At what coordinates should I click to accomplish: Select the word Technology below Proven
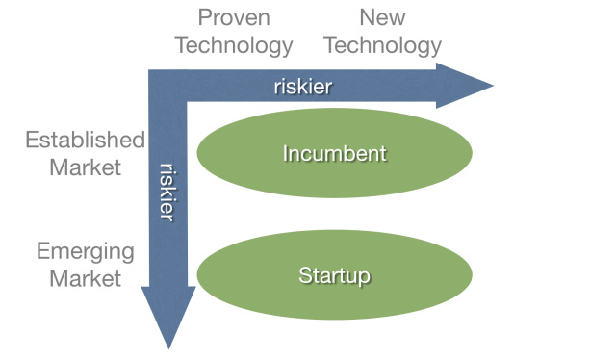[x=234, y=45]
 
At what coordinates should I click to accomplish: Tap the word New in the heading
[x=382, y=17]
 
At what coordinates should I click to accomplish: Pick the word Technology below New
[x=382, y=45]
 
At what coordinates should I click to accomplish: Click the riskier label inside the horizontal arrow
[x=302, y=87]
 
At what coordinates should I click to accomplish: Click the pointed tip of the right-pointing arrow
[x=492, y=86]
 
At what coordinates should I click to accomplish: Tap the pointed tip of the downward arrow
[x=168, y=347]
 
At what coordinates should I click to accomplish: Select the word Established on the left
[x=85, y=140]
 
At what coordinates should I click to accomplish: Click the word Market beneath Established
[x=86, y=167]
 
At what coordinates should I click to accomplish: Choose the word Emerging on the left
[x=86, y=251]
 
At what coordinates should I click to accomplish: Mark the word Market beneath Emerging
[x=86, y=278]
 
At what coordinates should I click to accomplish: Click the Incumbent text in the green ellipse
[x=334, y=153]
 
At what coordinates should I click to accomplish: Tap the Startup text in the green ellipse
[x=334, y=276]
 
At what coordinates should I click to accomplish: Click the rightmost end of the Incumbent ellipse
[x=472, y=153]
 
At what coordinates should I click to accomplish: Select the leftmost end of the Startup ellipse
[x=196, y=276]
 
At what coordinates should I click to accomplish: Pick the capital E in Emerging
[x=43, y=251]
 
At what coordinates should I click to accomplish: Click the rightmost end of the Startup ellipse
[x=472, y=276]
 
